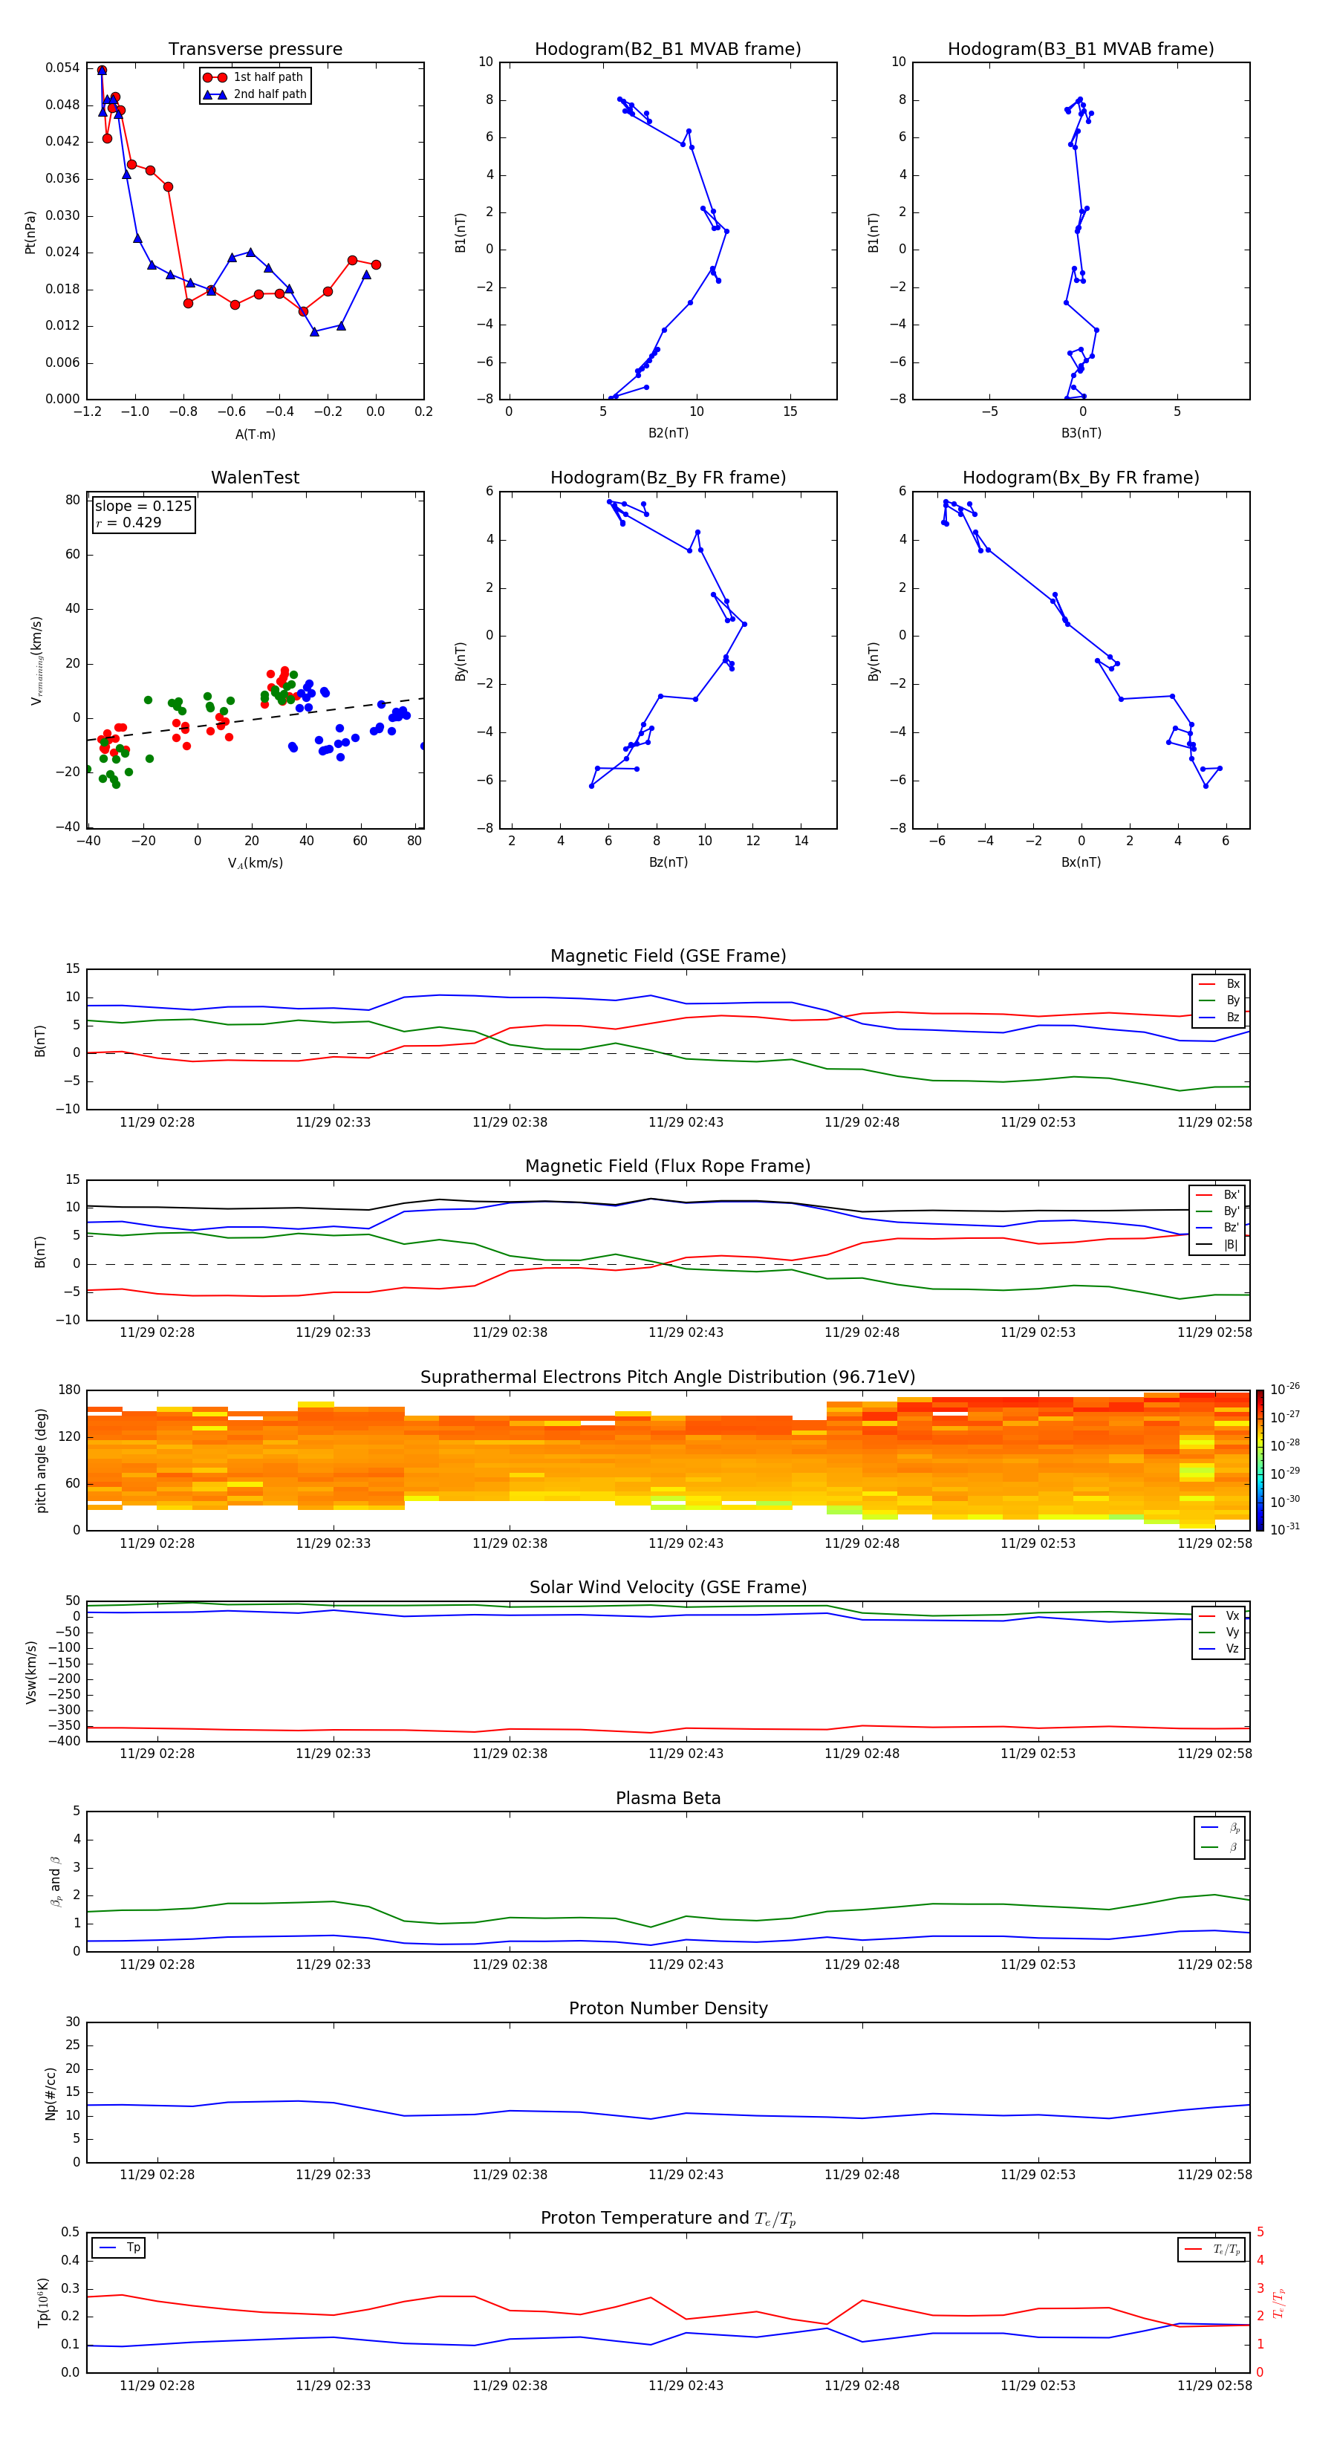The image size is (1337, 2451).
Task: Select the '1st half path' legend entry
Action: tap(267, 77)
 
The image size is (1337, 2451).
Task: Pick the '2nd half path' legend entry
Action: tap(270, 94)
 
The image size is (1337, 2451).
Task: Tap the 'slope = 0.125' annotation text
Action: tap(143, 507)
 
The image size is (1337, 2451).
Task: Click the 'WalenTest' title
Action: tap(255, 478)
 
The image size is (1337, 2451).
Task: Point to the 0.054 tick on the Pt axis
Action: tap(63, 68)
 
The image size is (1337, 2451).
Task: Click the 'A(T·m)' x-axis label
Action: tap(255, 434)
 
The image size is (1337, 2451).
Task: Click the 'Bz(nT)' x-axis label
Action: tap(668, 862)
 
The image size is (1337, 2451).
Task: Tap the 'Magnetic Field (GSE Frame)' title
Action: tap(668, 956)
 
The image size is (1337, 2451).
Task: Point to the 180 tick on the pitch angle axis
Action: tap(70, 1390)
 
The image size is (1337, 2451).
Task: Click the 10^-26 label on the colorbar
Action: tap(1285, 1389)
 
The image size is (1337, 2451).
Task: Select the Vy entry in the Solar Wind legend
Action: tap(1232, 1633)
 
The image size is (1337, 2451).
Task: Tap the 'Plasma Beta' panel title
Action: tap(668, 1798)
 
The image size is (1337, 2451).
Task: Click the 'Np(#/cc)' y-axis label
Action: tap(51, 2093)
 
